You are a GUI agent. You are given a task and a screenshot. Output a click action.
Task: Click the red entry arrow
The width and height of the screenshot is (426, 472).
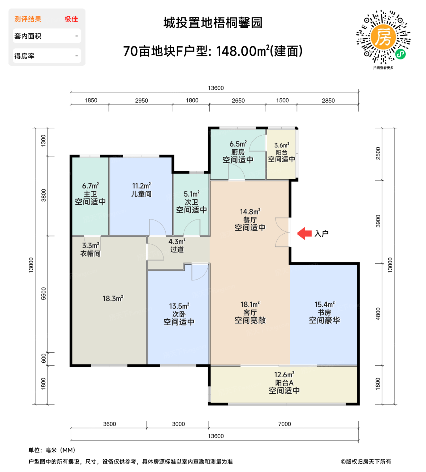click(305, 233)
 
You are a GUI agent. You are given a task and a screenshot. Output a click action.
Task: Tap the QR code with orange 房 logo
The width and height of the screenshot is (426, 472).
click(383, 37)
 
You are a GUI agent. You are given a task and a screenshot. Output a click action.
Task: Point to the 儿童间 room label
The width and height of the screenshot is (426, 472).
click(141, 194)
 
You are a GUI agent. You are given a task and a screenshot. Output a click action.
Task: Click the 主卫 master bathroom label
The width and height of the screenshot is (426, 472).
click(90, 194)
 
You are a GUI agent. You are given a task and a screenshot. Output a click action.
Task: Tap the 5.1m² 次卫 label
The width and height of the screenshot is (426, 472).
click(191, 202)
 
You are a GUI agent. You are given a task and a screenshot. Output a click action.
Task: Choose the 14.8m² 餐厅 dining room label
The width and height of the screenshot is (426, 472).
click(250, 219)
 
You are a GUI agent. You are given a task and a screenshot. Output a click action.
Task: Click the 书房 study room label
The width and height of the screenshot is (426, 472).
click(324, 312)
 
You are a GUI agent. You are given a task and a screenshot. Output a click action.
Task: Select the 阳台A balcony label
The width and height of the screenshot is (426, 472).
click(284, 383)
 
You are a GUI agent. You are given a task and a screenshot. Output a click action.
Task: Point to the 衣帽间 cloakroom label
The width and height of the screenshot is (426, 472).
click(90, 253)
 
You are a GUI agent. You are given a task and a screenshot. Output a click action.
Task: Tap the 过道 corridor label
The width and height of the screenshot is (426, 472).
click(177, 249)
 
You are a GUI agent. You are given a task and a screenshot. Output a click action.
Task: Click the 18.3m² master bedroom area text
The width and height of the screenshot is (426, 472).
click(113, 298)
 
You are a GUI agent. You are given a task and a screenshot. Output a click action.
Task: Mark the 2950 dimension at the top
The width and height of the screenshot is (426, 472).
click(141, 100)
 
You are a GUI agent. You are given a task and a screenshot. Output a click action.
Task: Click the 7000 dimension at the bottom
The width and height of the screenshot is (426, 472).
click(284, 424)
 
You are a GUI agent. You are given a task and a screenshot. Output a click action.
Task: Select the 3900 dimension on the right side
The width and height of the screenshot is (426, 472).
click(378, 221)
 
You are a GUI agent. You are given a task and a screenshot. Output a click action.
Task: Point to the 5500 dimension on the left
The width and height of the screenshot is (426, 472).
click(43, 294)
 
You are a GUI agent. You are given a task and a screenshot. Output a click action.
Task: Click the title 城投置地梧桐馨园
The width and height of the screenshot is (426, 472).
click(213, 23)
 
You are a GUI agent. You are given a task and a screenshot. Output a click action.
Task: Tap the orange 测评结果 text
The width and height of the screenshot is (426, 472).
click(28, 19)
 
